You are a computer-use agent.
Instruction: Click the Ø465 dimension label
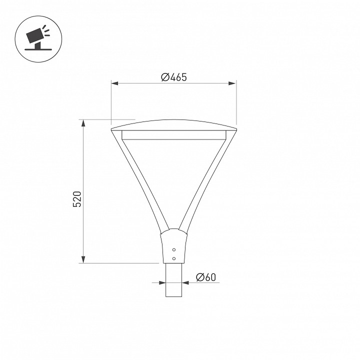(x=174, y=77)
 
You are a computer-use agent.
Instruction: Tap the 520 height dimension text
(x=77, y=199)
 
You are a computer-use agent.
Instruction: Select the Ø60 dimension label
(x=206, y=277)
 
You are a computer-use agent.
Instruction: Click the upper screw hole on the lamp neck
(x=174, y=249)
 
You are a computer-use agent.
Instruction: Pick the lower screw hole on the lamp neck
(x=174, y=258)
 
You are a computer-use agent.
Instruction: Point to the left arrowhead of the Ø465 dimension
(x=114, y=83)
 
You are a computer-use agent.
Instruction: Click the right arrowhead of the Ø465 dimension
(x=232, y=83)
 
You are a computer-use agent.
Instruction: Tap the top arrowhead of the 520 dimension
(x=83, y=123)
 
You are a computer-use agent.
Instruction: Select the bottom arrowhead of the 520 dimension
(x=83, y=259)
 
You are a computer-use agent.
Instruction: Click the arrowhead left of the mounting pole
(x=162, y=282)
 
